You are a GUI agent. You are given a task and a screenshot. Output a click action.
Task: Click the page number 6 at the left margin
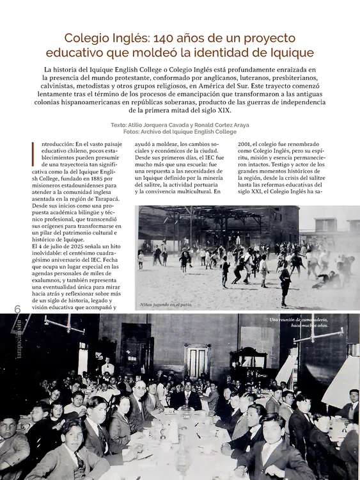(17, 309)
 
